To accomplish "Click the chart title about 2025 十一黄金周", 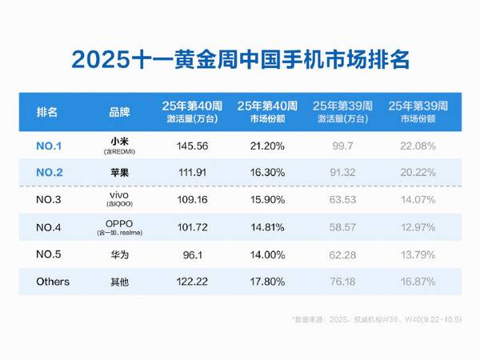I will pyautogui.click(x=239, y=59).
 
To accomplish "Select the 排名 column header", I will pyautogui.click(x=47, y=111).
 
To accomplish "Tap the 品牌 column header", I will pyautogui.click(x=118, y=111).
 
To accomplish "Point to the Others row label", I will pyautogui.click(x=54, y=282).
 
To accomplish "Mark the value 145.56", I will pyautogui.click(x=190, y=146).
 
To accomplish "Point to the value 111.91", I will pyautogui.click(x=190, y=170).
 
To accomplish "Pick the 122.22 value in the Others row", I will pyautogui.click(x=190, y=282).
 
